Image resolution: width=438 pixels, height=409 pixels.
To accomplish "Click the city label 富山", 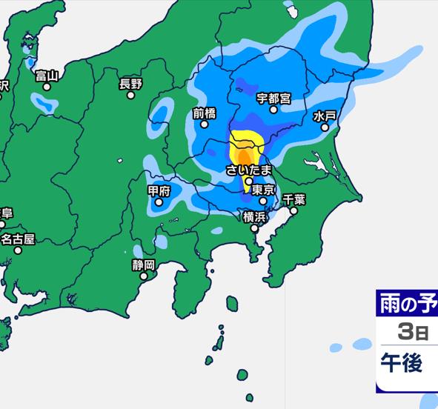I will [47, 75].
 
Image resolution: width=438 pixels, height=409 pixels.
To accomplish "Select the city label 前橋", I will [204, 113].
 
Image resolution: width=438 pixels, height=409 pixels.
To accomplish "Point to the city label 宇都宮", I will [273, 98].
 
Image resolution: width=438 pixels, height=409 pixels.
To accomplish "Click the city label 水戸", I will [325, 116].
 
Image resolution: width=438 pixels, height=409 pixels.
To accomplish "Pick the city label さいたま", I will [250, 170].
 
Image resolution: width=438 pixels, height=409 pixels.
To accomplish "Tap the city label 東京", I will [264, 190].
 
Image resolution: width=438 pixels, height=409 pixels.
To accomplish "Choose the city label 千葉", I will [294, 199].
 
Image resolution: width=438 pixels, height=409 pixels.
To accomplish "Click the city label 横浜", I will [254, 216].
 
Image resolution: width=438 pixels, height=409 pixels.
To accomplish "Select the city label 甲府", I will [159, 190].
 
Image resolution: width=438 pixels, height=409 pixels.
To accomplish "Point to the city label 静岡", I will [144, 265].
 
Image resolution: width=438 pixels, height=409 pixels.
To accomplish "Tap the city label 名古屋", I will [18, 239].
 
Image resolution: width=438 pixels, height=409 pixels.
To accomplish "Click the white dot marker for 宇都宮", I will [273, 110].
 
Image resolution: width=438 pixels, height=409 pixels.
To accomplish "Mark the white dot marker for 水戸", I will [324, 127].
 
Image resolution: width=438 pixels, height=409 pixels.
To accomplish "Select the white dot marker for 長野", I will [131, 95].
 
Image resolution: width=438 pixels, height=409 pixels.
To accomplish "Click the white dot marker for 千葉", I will [293, 210].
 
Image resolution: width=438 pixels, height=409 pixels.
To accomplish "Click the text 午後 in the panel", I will [401, 363].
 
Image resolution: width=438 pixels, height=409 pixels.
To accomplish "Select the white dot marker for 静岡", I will [144, 276].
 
